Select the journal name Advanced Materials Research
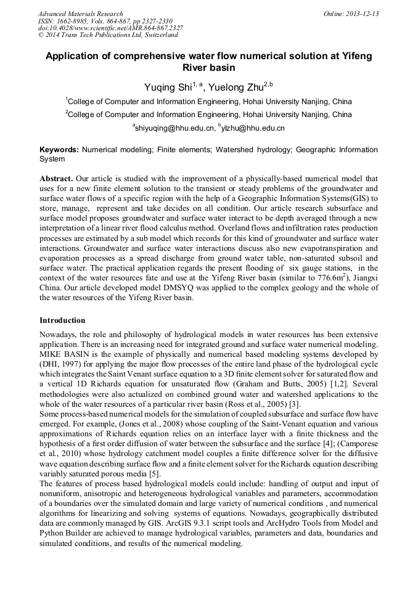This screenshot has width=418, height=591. click(x=80, y=14)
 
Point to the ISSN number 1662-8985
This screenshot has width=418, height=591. click(x=72, y=21)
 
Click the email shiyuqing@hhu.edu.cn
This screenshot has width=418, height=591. click(x=176, y=128)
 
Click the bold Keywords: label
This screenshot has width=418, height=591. click(x=59, y=150)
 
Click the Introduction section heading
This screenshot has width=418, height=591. click(x=62, y=320)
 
